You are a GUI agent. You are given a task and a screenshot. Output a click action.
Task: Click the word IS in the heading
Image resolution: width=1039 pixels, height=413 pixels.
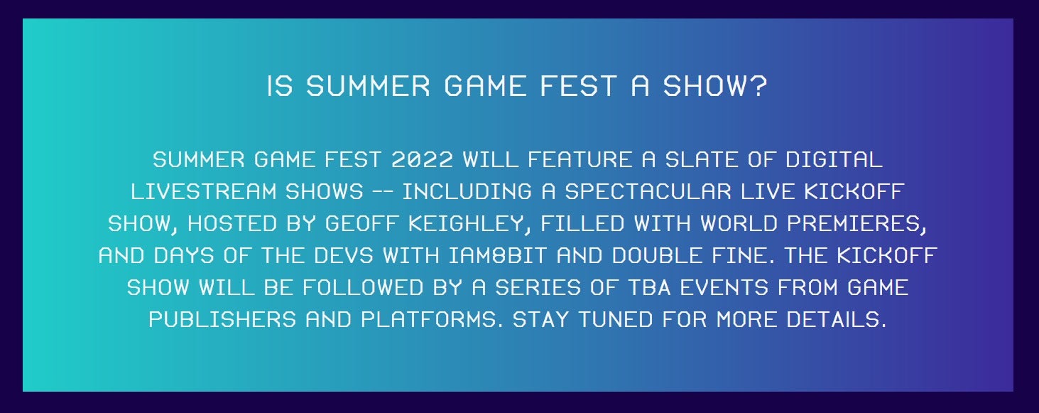pyautogui.click(x=280, y=86)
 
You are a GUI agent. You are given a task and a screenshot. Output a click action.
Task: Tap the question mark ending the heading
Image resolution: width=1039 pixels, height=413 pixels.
pyautogui.click(x=758, y=86)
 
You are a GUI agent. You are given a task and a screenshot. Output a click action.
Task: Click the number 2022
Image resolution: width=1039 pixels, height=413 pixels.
pyautogui.click(x=422, y=160)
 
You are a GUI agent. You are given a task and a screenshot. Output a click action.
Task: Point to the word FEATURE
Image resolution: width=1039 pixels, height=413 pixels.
pyautogui.click(x=580, y=160)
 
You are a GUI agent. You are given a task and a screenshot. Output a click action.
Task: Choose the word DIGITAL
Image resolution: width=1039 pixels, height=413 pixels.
pyautogui.click(x=834, y=160)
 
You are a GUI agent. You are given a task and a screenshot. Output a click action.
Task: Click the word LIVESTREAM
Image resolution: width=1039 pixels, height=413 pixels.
pyautogui.click(x=204, y=192)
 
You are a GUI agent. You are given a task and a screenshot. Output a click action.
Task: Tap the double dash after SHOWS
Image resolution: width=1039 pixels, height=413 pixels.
pyautogui.click(x=383, y=192)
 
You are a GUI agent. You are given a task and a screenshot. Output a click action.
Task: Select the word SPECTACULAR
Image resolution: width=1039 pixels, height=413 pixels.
pyautogui.click(x=648, y=192)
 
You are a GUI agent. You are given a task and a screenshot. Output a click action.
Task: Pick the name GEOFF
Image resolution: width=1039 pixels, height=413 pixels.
pyautogui.click(x=361, y=224)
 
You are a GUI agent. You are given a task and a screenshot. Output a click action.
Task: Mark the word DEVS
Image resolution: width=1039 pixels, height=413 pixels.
pyautogui.click(x=343, y=256)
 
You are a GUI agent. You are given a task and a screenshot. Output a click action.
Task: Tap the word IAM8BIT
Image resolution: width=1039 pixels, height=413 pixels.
pyautogui.click(x=498, y=256)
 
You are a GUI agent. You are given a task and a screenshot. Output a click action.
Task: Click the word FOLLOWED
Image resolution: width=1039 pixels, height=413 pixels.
pyautogui.click(x=363, y=288)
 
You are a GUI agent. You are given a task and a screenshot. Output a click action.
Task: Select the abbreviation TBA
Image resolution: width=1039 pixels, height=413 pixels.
pyautogui.click(x=649, y=288)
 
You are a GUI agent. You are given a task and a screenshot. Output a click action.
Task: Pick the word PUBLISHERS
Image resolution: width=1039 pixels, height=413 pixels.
pyautogui.click(x=222, y=320)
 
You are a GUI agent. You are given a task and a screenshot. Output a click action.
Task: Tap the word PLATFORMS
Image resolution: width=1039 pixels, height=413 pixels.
pyautogui.click(x=428, y=320)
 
